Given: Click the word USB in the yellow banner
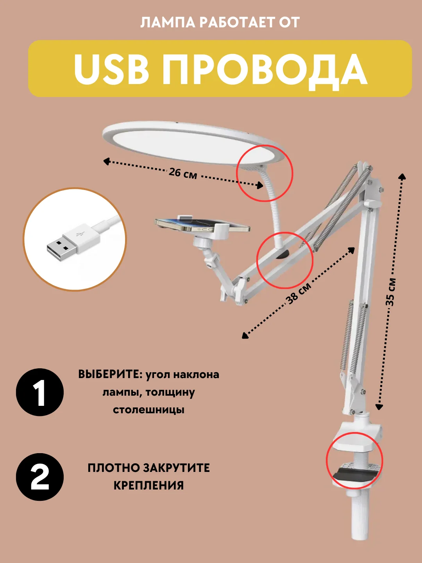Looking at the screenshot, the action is (111, 70).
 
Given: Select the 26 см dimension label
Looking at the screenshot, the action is (183, 173).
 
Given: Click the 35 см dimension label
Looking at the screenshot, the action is (391, 292).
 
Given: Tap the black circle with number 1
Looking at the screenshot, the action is (40, 393).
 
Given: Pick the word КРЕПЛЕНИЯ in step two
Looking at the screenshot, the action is (148, 486).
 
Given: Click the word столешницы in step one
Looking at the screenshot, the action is (148, 410).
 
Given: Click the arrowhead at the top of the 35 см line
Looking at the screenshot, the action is (402, 177).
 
